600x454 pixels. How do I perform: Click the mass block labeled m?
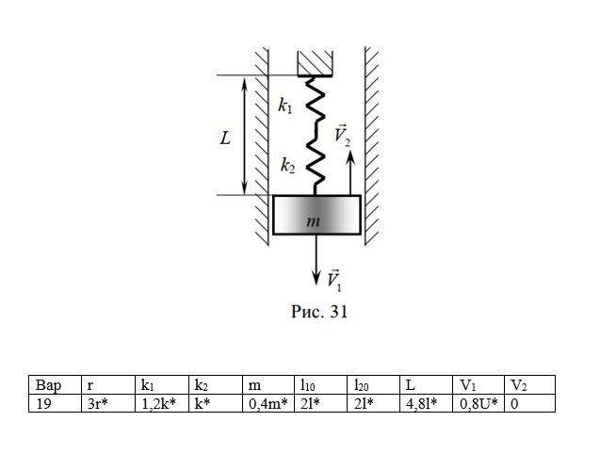point(316,216)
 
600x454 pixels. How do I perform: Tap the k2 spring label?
point(285,167)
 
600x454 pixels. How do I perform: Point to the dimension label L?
point(225,138)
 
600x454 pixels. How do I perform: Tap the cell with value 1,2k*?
point(162,402)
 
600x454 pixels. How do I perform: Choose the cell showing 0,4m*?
point(268,402)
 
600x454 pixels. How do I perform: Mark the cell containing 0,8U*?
point(478,402)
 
